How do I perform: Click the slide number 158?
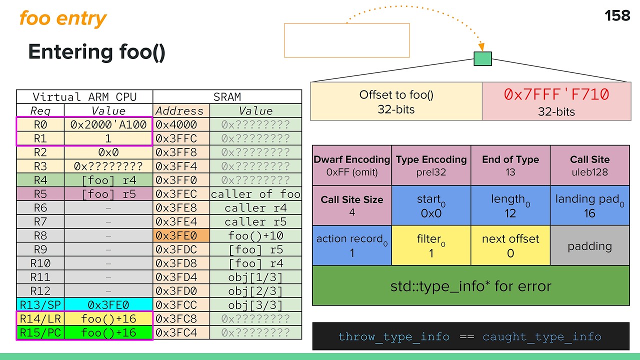617,16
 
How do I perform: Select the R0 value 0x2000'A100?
108,124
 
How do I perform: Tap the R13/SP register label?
40,304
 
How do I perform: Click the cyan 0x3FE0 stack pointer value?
108,304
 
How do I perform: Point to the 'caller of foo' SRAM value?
255,194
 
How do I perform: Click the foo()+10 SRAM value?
255,235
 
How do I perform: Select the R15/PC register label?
40,332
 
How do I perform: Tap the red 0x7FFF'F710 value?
556,94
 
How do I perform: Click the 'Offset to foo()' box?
396,101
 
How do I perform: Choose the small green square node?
482,59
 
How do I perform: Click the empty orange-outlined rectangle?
347,40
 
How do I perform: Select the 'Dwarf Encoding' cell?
352,165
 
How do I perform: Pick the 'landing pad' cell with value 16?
589,205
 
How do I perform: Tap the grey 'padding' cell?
589,245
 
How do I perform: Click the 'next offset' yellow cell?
510,245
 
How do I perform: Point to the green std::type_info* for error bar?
470,286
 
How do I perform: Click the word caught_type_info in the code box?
541,336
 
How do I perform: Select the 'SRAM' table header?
227,97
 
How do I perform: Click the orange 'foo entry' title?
63,19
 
